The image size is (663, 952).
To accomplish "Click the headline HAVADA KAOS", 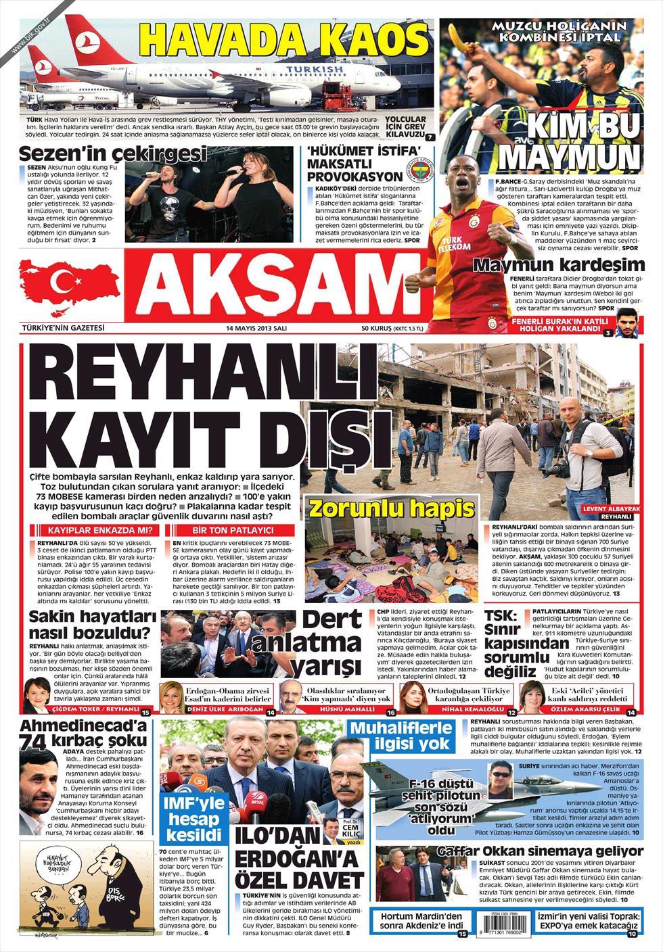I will coord(284,39).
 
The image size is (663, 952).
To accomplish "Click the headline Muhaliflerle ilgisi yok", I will coord(401,736).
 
